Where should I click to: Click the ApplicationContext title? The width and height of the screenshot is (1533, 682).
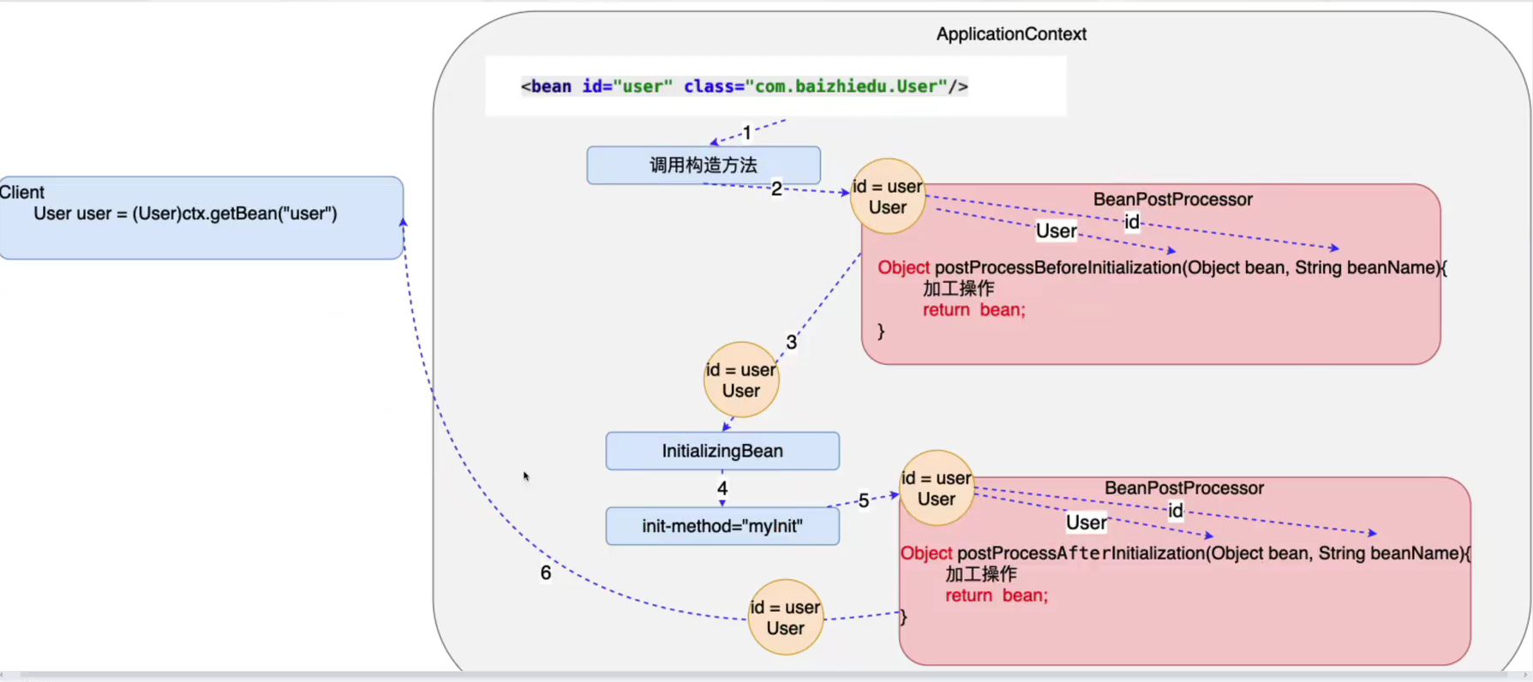[1011, 34]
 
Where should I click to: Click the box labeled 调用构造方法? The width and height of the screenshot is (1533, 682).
[704, 165]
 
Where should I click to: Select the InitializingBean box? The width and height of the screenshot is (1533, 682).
[722, 451]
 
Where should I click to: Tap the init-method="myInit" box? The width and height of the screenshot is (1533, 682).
[722, 526]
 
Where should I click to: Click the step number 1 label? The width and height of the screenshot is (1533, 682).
[747, 133]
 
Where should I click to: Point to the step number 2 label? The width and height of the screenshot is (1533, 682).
[776, 188]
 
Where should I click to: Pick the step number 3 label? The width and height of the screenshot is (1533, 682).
[791, 342]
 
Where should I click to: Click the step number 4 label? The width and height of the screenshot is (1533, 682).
[722, 488]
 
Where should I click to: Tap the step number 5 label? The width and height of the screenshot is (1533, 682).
[864, 500]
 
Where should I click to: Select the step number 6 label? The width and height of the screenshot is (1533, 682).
[546, 572]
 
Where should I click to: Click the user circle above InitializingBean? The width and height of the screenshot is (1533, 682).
[741, 380]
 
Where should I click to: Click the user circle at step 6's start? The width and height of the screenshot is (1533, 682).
[785, 618]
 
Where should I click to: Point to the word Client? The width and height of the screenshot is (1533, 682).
[22, 193]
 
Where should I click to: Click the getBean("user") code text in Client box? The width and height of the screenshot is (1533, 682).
[185, 213]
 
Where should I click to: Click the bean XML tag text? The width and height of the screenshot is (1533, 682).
[744, 87]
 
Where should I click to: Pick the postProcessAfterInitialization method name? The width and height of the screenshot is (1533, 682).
[1081, 553]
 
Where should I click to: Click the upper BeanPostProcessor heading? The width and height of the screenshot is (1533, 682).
[1172, 200]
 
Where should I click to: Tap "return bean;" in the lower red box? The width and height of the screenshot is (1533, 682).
[997, 595]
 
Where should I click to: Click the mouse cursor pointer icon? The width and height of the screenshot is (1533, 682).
[526, 476]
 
